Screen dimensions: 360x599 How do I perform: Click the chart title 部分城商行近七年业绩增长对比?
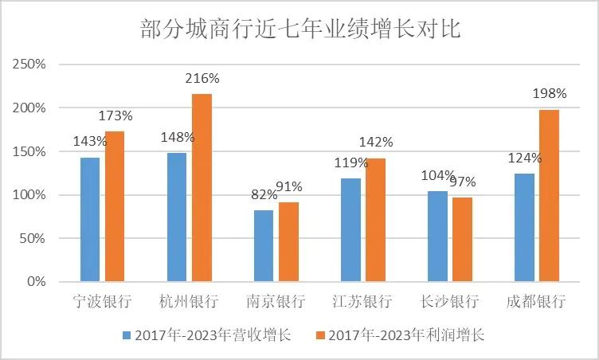[x=299, y=29]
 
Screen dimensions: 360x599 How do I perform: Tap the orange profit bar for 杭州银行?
[x=202, y=188]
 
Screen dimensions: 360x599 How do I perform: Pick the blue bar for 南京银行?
[x=263, y=246]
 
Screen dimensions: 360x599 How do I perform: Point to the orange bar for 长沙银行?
[x=462, y=240]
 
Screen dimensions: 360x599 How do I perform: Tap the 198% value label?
[x=550, y=94]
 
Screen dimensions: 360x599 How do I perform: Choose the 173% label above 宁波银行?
[x=115, y=115]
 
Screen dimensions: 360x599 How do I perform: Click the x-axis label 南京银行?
[x=276, y=303]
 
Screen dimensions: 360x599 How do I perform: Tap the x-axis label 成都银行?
[x=536, y=303]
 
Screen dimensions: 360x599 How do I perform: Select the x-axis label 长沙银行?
[x=449, y=303]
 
